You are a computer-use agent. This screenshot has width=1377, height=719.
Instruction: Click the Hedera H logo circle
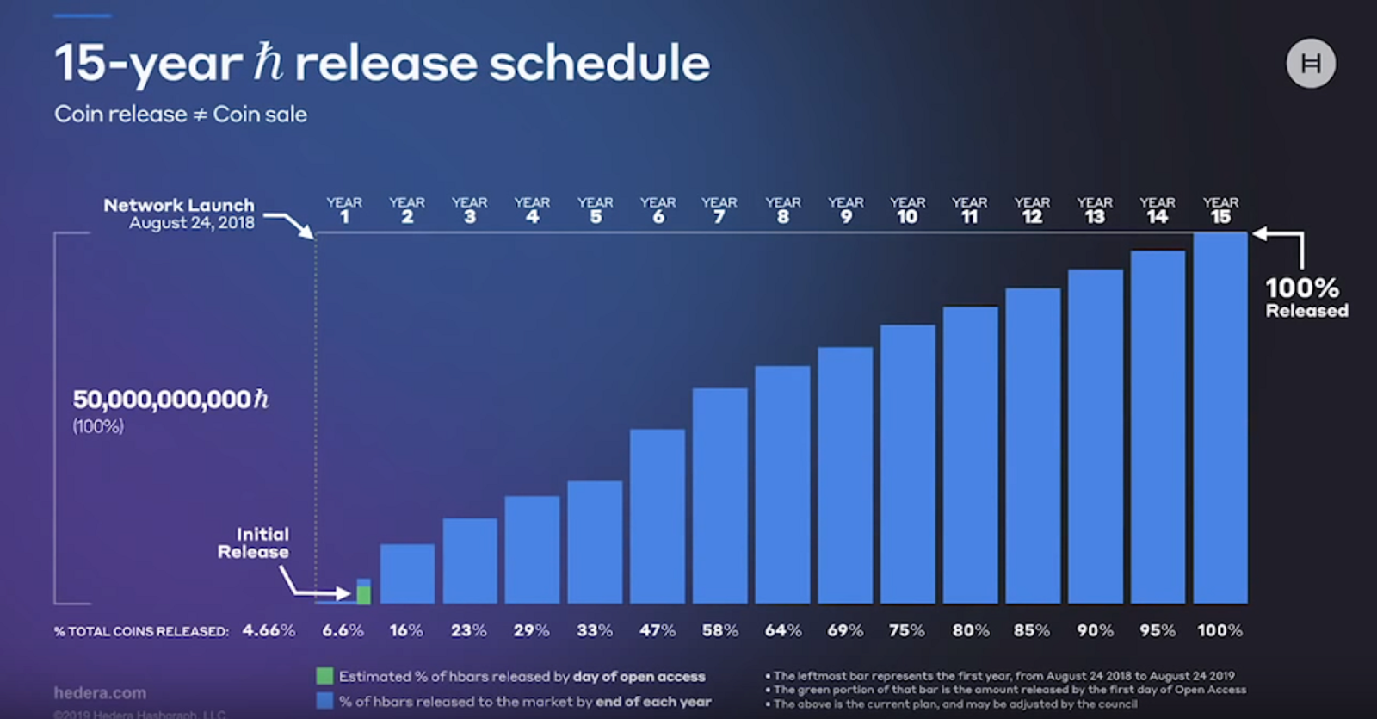click(1311, 64)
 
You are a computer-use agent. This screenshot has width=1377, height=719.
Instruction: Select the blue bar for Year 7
click(719, 495)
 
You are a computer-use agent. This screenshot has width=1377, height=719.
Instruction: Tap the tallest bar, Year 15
click(1220, 418)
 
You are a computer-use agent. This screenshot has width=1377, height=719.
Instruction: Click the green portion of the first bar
click(364, 595)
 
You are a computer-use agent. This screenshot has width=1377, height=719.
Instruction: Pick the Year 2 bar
click(407, 573)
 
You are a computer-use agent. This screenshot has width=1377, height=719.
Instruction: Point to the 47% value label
click(657, 630)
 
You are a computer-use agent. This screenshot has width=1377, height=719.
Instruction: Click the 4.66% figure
click(269, 630)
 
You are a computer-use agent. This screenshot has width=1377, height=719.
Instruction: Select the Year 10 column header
click(907, 209)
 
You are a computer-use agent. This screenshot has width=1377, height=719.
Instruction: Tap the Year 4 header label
click(532, 209)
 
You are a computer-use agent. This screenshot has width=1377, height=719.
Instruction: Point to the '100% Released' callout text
click(1305, 297)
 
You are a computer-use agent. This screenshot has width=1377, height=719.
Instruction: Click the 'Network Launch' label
click(179, 206)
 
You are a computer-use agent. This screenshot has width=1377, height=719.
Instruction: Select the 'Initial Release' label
click(254, 542)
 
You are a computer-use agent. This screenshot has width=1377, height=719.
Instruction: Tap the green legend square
click(324, 676)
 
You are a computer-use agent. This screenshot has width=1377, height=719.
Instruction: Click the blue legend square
click(324, 701)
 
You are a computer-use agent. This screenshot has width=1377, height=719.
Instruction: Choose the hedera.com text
click(100, 692)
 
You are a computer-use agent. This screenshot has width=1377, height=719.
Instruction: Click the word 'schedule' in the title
click(600, 63)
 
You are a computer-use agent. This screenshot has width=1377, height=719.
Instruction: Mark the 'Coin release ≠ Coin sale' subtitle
click(181, 114)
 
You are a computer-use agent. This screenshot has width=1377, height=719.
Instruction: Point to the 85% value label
click(1031, 630)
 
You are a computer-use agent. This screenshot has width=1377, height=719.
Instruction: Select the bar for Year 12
click(1033, 445)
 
